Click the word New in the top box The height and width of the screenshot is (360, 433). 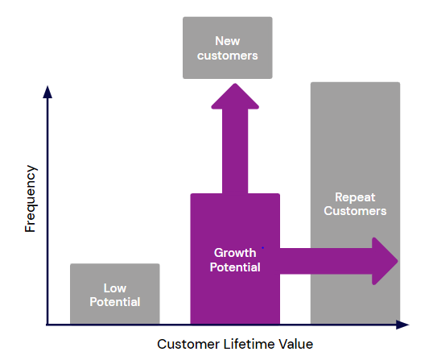227,41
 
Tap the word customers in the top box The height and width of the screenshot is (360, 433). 227,56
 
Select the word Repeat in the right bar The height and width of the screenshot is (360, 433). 355,197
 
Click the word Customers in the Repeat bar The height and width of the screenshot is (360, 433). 355,211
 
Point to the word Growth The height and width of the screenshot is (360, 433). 235,253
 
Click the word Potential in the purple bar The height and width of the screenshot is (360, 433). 235,267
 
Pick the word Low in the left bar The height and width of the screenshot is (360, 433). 115,288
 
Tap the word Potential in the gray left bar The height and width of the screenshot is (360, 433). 115,302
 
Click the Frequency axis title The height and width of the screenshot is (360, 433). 31,199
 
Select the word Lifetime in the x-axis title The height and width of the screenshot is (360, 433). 249,344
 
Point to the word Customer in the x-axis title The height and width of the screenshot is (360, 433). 188,344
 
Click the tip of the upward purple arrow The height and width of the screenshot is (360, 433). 235,84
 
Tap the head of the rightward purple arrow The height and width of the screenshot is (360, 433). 385,261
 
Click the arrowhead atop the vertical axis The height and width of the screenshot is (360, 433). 47,92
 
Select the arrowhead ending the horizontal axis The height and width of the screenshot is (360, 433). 402,325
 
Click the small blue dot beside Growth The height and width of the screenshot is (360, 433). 262,248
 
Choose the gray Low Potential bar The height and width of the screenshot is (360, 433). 115,294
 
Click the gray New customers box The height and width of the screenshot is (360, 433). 228,48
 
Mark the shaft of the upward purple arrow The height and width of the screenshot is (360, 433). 235,151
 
